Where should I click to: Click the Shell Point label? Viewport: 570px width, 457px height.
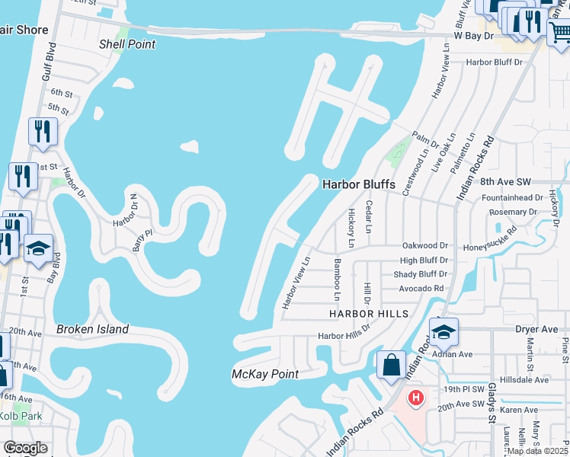coord(127,44)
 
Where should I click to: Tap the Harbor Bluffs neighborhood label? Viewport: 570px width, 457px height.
coord(357,184)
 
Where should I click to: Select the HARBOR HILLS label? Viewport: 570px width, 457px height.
coord(369,314)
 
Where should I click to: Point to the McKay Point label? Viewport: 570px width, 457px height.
coord(265,374)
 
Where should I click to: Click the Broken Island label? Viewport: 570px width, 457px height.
coord(92,330)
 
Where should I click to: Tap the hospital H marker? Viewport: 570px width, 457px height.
coord(416,398)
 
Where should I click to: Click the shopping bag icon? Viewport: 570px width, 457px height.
coord(391,364)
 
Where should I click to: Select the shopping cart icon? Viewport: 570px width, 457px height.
coord(559,31)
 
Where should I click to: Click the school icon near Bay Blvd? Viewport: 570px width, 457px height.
coord(38,248)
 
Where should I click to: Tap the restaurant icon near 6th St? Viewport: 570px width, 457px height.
coord(43,131)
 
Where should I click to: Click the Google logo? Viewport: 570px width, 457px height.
coord(25,448)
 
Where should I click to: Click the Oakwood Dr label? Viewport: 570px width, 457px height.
coord(424,246)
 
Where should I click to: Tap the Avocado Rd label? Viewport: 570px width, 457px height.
coord(421,289)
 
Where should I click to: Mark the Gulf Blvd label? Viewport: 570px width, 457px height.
coord(50,68)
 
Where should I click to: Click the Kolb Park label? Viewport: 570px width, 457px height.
coord(21,416)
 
